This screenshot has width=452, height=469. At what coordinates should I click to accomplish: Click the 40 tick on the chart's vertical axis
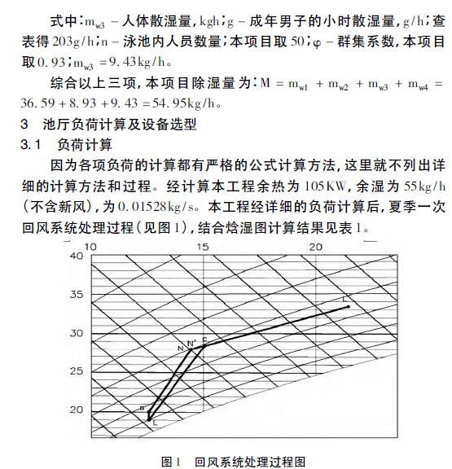tap(77, 256)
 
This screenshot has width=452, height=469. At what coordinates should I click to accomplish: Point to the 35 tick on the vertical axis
tap(77, 295)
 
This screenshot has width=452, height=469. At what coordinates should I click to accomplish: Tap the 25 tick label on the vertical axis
tap(77, 371)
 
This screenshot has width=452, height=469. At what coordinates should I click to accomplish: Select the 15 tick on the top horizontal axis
tap(204, 246)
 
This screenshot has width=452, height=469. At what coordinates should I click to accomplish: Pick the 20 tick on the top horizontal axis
tap(317, 246)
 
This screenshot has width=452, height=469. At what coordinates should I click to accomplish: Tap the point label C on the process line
tap(204, 339)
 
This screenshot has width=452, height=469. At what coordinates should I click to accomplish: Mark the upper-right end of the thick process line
tap(349, 306)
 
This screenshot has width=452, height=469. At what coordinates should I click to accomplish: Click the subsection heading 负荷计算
tap(86, 146)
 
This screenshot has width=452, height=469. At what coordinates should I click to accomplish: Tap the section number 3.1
tap(30, 146)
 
